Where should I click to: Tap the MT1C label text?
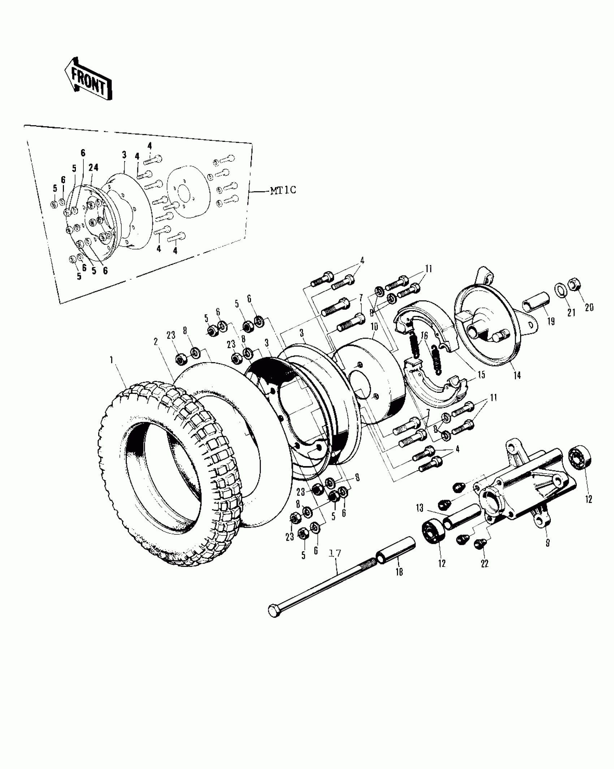coord(283,191)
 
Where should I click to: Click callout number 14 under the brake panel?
coord(517,375)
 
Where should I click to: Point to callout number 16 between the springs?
coord(424,336)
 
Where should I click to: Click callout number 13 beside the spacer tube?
coord(419,508)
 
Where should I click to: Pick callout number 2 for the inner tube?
coord(156,342)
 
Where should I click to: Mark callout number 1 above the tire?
coord(112,360)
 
